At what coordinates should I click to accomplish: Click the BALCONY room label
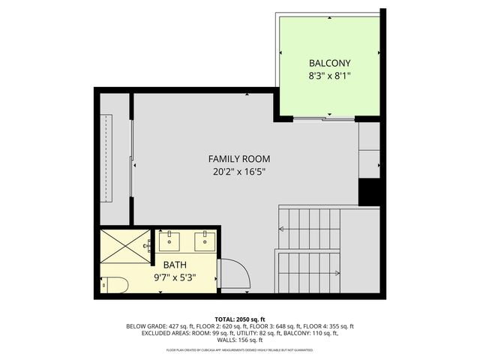[x=329, y=63]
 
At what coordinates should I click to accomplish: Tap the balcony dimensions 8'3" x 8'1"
[x=329, y=76]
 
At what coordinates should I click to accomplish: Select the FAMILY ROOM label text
[x=239, y=159]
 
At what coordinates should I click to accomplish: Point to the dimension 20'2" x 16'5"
[x=239, y=172]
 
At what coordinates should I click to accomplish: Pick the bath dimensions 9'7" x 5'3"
[x=175, y=277]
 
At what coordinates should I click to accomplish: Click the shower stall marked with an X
[x=126, y=245]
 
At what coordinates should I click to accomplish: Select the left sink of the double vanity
[x=169, y=241]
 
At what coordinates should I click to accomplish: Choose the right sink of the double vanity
[x=205, y=241]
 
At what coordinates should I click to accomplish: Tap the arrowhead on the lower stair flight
[x=337, y=273]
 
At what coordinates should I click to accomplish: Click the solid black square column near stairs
[x=370, y=193]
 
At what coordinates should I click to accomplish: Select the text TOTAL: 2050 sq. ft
[x=239, y=319]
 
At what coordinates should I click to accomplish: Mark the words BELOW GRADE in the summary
[x=147, y=326]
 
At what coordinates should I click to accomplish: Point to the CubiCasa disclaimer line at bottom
[x=239, y=349]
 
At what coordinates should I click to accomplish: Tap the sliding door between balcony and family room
[x=324, y=118]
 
